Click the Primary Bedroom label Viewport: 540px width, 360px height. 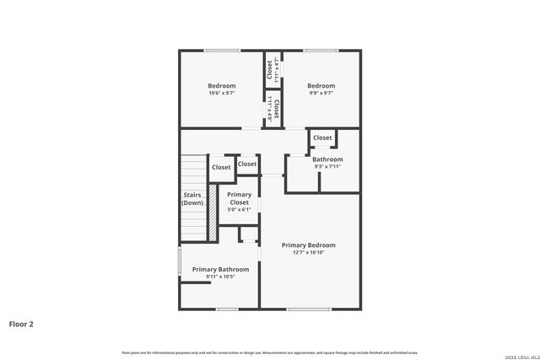[309, 244]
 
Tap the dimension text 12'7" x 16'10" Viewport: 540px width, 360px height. [309, 252]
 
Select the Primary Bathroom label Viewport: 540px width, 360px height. [220, 269]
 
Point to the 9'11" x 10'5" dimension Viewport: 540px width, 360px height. [220, 277]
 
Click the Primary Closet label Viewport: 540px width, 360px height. [240, 198]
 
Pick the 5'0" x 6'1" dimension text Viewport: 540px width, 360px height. [240, 210]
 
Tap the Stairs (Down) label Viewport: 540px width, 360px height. [192, 199]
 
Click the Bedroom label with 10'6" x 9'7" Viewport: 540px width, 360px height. [222, 85]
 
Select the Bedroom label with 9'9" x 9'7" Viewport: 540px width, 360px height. [321, 85]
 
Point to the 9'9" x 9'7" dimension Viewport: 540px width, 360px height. [321, 93]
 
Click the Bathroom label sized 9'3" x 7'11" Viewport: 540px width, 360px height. [327, 159]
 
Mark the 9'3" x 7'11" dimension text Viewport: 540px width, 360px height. [327, 166]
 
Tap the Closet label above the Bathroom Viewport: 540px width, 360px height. [322, 137]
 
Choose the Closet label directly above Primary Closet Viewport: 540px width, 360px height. [247, 164]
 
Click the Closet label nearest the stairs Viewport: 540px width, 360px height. [221, 167]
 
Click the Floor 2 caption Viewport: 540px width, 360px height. [21, 323]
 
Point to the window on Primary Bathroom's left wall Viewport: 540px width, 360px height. [179, 261]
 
